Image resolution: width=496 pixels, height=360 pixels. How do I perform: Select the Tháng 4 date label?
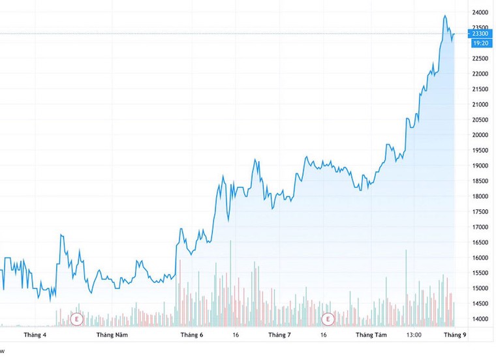tap(35, 335)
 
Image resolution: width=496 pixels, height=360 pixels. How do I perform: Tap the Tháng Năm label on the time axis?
tap(112, 335)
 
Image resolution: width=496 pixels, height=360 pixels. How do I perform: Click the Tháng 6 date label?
tap(193, 335)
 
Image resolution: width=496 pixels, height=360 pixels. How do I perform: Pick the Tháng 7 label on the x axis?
tap(279, 335)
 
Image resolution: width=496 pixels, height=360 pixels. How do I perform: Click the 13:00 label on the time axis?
tap(414, 335)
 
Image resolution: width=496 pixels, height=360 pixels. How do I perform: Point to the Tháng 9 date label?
tap(454, 335)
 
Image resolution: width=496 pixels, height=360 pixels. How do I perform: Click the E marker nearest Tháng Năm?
tap(77, 319)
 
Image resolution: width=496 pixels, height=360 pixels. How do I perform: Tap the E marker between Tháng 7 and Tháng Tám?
tap(328, 319)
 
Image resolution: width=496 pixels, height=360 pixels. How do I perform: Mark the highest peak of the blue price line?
tap(444, 16)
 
